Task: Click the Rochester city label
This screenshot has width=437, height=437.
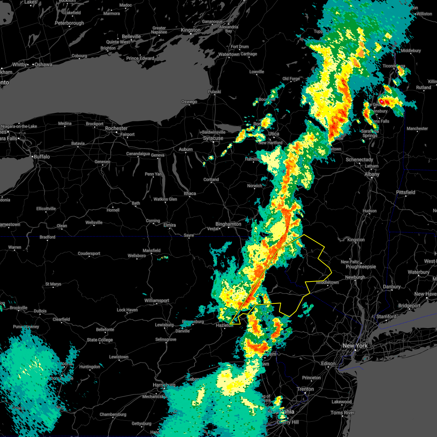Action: point(116,129)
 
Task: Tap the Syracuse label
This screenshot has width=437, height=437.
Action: point(213,138)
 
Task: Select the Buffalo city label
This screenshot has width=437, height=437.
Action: point(42,157)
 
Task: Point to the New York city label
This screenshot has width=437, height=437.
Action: point(355,346)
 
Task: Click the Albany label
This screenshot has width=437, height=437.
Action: point(372,174)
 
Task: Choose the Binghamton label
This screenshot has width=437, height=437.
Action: point(228,224)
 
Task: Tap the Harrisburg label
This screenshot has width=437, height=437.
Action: point(164,385)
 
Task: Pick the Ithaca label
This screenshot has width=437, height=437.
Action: point(190,193)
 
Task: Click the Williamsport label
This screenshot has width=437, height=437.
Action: point(157,300)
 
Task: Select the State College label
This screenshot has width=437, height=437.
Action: point(100,340)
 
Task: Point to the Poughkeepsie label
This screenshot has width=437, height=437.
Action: point(361,267)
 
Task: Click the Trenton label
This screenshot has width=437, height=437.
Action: point(305,389)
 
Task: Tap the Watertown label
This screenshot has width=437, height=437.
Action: point(229,54)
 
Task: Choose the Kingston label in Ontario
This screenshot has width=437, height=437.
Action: point(191,30)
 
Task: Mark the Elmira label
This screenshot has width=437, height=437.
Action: point(170,225)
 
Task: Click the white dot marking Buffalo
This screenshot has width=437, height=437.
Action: point(32,157)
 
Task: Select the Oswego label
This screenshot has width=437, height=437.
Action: point(189,102)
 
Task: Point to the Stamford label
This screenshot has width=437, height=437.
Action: point(386,316)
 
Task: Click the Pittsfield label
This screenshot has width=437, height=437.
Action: point(406,192)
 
